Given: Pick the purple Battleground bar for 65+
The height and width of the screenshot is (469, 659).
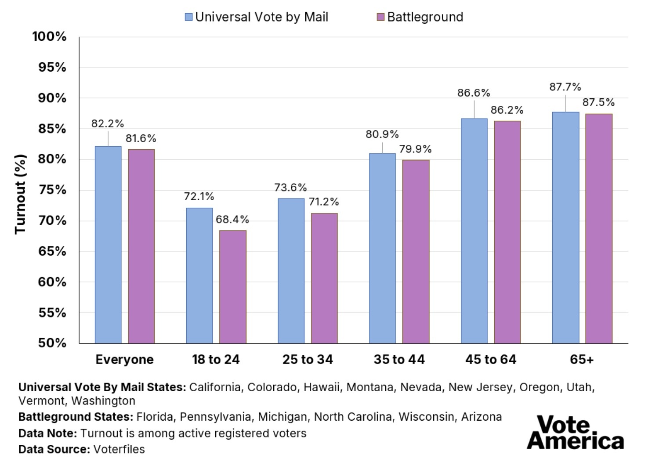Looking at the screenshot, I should [599, 228].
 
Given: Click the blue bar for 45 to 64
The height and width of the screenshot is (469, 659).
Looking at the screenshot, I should [474, 231].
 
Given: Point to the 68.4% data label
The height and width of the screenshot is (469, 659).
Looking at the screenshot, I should [232, 219].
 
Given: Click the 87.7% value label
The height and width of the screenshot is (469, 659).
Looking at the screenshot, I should [565, 87].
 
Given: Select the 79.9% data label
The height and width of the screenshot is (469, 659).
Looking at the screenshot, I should [415, 149].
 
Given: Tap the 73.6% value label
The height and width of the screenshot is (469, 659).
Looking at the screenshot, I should [290, 188].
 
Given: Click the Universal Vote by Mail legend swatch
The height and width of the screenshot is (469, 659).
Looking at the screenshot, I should [189, 17].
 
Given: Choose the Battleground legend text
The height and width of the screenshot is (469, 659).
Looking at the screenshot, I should [425, 17].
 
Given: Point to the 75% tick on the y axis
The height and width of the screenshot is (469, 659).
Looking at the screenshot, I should [52, 190].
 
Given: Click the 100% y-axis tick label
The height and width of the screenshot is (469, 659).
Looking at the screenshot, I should [49, 36].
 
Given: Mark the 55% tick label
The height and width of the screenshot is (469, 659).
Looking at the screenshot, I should [52, 313].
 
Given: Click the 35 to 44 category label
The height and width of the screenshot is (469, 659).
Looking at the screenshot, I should [399, 360].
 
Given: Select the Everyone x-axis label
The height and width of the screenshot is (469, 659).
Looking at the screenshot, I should [124, 360].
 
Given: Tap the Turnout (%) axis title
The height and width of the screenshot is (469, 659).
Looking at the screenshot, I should [20, 194].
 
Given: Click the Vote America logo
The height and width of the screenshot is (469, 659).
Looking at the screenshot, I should [575, 433].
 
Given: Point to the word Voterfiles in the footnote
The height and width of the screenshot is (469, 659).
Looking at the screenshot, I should [119, 449].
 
